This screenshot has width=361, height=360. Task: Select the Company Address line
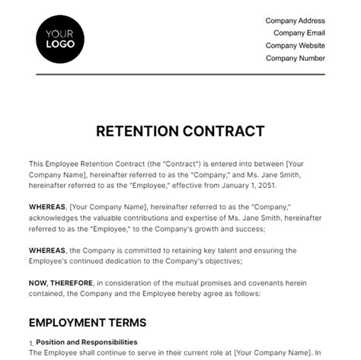(295, 20)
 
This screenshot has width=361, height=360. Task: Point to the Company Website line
(296, 46)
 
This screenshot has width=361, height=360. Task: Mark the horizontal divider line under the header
(180, 74)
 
